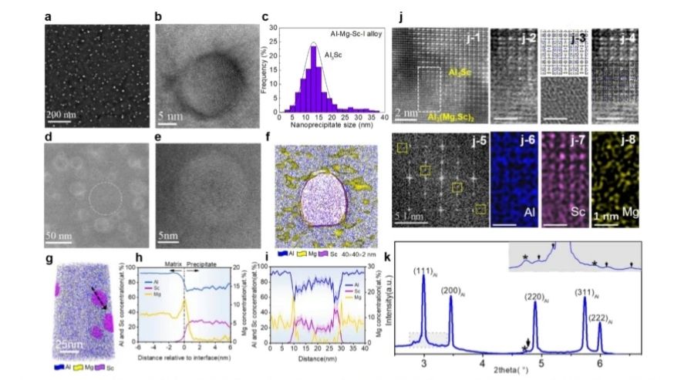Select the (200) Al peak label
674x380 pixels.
[x=452, y=291]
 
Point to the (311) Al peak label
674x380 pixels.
[x=590, y=292]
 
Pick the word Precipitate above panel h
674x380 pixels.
[x=205, y=263]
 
